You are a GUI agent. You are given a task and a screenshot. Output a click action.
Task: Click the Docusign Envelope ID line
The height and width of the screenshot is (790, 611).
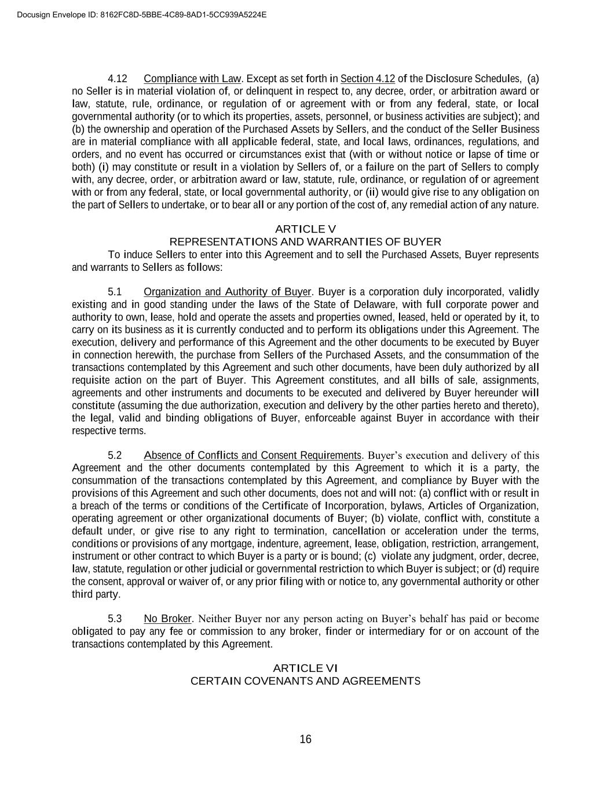pos(142,14)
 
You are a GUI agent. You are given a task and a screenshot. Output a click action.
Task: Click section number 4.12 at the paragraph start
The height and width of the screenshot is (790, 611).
pos(118,79)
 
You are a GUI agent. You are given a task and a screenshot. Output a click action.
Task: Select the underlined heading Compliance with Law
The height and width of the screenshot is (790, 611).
pos(192,79)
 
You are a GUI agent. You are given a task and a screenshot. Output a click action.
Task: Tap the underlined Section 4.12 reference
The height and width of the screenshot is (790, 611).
pos(368,79)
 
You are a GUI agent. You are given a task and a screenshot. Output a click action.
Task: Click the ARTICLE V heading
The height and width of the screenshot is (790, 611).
pos(305,229)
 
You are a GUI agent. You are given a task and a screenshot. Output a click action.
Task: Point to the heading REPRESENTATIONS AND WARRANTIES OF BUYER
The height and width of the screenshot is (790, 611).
pos(305,242)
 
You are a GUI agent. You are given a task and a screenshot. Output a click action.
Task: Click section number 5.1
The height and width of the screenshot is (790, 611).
pos(115,292)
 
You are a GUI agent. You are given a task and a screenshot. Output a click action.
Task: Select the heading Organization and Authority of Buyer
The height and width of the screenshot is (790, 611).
pos(228,292)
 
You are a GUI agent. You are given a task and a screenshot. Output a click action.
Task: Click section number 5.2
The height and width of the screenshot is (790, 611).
pos(115,455)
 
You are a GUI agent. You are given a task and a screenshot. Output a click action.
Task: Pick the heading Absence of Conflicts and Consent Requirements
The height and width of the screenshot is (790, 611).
pos(253,455)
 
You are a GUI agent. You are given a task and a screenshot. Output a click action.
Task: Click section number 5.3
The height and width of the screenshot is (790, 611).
pos(115,619)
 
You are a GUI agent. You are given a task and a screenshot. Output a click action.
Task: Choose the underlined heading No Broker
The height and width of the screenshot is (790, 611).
pos(167,619)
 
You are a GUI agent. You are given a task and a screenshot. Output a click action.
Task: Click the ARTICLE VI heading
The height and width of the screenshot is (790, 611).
pos(305,668)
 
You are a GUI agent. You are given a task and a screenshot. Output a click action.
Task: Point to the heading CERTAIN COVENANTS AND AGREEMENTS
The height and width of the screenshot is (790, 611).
pos(305,681)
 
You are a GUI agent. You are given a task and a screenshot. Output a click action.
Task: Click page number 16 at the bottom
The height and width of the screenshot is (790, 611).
pos(305,739)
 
